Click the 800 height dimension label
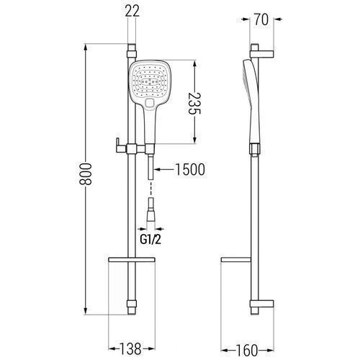tap(86, 174)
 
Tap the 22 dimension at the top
tap(132, 11)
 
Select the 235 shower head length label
tap(194, 104)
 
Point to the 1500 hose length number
tap(190, 169)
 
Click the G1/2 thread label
tap(150, 239)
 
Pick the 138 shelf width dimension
tap(130, 348)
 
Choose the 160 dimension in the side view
tap(247, 351)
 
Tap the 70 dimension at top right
tap(261, 19)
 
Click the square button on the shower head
tap(150, 103)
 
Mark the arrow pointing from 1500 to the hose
tap(164, 169)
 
